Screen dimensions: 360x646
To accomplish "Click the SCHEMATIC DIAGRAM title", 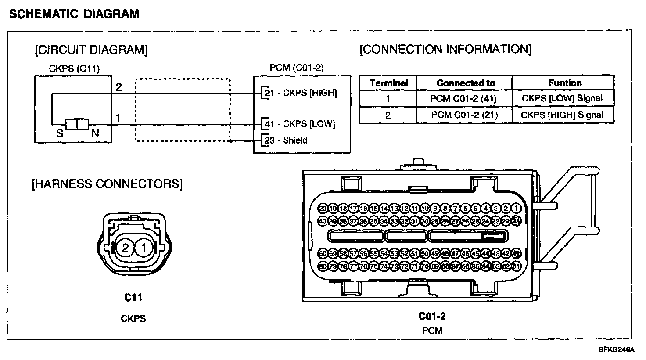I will (x=74, y=14).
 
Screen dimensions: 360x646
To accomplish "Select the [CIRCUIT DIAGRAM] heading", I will (x=91, y=50).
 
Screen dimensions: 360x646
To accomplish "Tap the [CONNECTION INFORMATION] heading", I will (x=445, y=49).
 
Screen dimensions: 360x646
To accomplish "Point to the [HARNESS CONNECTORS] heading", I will (x=107, y=184).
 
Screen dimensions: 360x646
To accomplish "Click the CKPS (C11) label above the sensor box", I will (x=74, y=68).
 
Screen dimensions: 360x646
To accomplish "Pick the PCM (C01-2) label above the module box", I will (x=296, y=68).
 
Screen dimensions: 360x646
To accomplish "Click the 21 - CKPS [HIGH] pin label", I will (x=301, y=93).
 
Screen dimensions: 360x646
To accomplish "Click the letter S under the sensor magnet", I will (x=60, y=133).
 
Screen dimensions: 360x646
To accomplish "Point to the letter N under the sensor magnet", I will (x=95, y=133).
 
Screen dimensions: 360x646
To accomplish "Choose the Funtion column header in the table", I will (x=565, y=83).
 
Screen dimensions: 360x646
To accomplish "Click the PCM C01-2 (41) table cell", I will (x=463, y=99).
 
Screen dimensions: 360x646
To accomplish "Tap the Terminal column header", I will (x=388, y=83).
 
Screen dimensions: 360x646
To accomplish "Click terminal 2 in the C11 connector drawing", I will (x=125, y=248).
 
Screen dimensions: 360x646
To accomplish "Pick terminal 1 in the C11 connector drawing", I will (x=143, y=248).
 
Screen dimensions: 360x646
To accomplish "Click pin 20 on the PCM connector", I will (x=323, y=209).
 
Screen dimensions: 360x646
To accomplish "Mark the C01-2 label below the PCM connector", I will (x=432, y=316).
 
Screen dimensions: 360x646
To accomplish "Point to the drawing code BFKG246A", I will (x=617, y=350).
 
